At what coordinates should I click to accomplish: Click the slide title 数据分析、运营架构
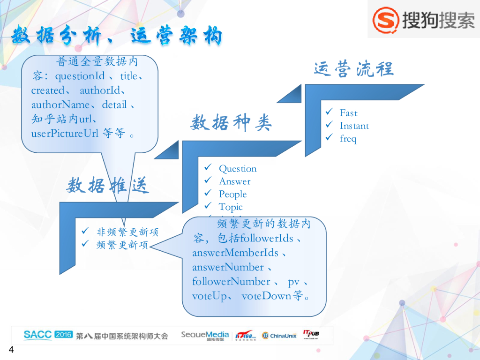[x=117, y=37]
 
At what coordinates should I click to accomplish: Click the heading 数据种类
[x=231, y=123]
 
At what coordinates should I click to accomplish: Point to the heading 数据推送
[x=107, y=186]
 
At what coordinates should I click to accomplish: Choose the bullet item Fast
[x=348, y=113]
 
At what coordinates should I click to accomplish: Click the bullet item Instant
[x=354, y=126]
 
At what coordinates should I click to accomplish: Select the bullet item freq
[x=348, y=139]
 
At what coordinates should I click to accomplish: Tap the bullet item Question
[x=238, y=169]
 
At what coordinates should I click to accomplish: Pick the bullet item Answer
[x=234, y=181]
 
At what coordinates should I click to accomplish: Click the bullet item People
[x=232, y=194]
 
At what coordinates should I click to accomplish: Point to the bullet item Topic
[x=231, y=207]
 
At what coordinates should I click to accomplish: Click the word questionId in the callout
[x=80, y=76]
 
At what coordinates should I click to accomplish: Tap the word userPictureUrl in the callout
[x=65, y=134]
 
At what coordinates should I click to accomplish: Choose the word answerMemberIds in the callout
[x=235, y=253]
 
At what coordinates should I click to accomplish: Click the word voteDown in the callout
[x=266, y=296]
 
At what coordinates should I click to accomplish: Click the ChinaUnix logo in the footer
[x=279, y=336]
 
